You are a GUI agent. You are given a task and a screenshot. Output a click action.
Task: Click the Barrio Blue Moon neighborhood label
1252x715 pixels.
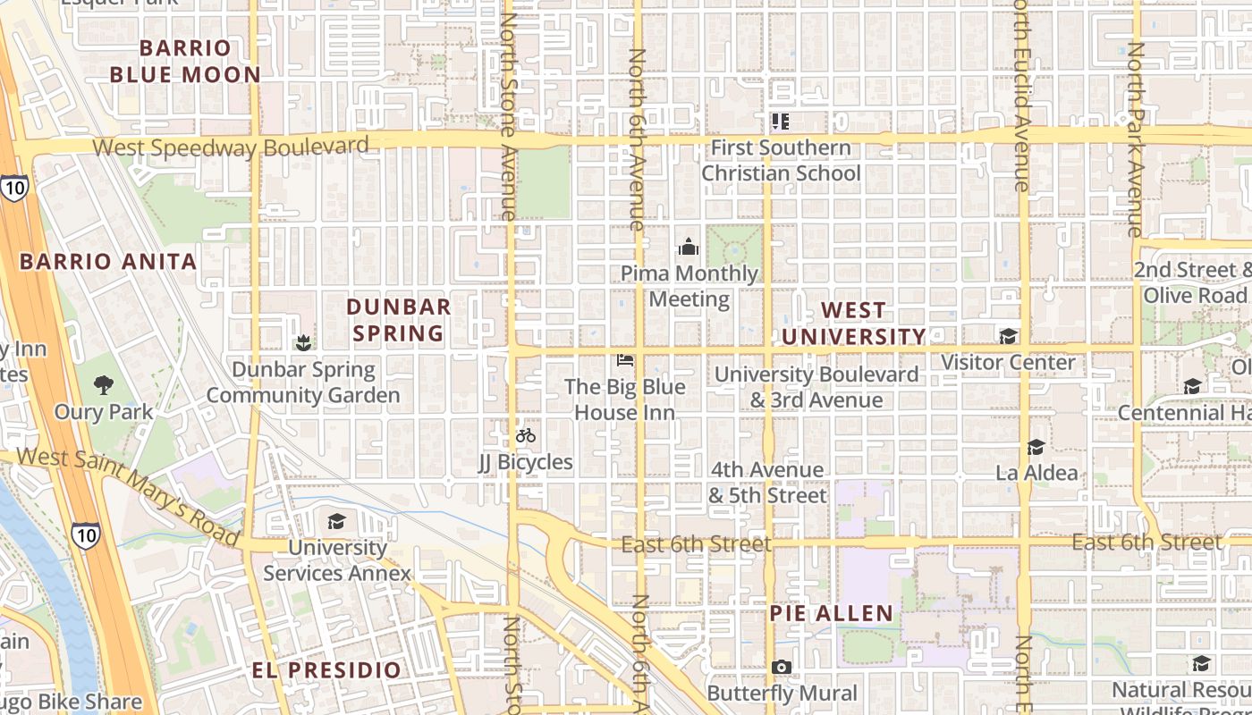(x=185, y=61)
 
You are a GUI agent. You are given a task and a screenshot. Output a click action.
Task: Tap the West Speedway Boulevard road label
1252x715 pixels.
(x=231, y=147)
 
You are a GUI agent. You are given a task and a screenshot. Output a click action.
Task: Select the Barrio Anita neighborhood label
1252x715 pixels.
(x=108, y=262)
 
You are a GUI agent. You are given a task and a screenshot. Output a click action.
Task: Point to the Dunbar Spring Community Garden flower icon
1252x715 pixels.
(x=303, y=342)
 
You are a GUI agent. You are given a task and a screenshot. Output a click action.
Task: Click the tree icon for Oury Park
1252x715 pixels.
(x=104, y=385)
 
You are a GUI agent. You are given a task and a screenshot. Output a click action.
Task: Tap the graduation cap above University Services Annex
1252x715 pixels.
(x=336, y=521)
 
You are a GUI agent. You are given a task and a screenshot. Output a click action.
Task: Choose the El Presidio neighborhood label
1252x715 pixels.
(x=326, y=670)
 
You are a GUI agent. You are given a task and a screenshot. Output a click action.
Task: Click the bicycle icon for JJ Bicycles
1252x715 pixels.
(x=526, y=435)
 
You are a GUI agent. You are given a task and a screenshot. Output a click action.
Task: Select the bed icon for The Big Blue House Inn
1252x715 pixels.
(x=625, y=360)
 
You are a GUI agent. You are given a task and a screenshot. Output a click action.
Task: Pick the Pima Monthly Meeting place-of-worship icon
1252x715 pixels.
(x=689, y=247)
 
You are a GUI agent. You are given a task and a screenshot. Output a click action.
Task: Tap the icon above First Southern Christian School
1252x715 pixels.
(x=781, y=121)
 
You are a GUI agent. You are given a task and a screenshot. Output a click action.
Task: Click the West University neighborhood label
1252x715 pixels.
(x=853, y=324)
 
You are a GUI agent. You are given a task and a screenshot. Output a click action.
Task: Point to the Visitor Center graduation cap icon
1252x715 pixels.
(x=1008, y=336)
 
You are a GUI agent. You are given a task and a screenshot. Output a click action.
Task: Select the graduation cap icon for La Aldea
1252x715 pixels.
(x=1036, y=447)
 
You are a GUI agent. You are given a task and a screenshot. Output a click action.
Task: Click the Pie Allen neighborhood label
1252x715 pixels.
(x=832, y=613)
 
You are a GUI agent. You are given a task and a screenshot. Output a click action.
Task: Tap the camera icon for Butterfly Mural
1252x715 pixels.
(x=781, y=668)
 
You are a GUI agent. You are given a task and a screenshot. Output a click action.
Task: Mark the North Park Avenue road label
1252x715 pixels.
(x=1135, y=139)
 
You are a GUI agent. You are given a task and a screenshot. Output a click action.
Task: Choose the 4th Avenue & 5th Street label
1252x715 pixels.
(x=767, y=482)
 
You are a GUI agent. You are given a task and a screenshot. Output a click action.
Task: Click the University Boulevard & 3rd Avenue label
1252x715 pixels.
(x=816, y=387)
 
